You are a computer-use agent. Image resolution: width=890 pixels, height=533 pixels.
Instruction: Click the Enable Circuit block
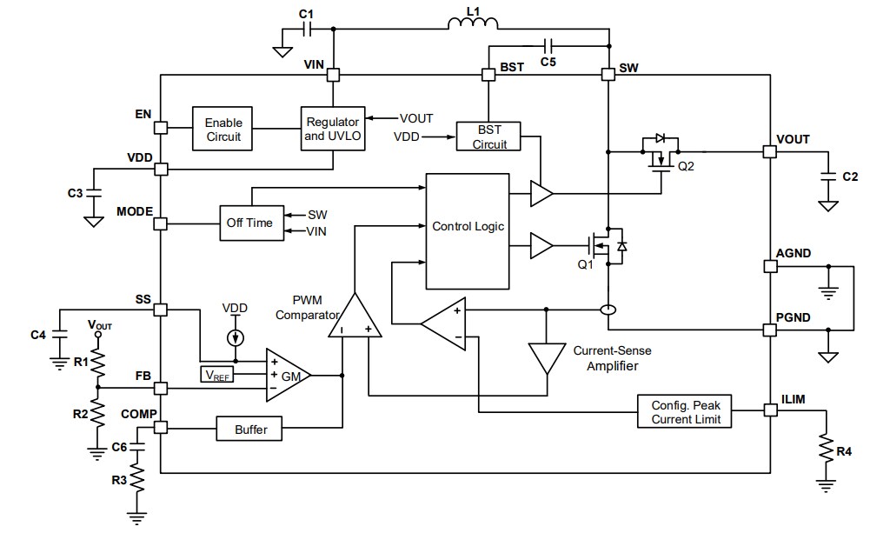pyautogui.click(x=223, y=129)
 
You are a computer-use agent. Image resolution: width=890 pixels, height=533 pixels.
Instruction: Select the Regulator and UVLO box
pyautogui.click(x=333, y=129)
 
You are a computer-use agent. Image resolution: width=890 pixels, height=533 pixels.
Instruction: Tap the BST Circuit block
pyautogui.click(x=489, y=137)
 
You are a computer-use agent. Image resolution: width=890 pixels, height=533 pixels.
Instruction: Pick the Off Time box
pyautogui.click(x=249, y=223)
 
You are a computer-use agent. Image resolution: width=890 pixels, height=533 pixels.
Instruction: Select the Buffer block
pyautogui.click(x=251, y=429)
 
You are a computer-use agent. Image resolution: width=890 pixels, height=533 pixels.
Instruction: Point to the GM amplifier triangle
pyautogui.click(x=287, y=376)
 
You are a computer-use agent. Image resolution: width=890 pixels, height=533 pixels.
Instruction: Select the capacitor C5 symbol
pyautogui.click(x=547, y=44)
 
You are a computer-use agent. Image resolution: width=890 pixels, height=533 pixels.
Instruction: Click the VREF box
pyautogui.click(x=216, y=376)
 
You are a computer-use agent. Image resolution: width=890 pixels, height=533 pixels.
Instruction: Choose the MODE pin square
pyautogui.click(x=161, y=223)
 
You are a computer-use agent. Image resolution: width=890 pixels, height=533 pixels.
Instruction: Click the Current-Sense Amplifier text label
pyautogui.click(x=611, y=358)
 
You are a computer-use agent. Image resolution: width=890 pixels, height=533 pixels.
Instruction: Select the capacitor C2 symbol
pyautogui.click(x=829, y=177)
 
